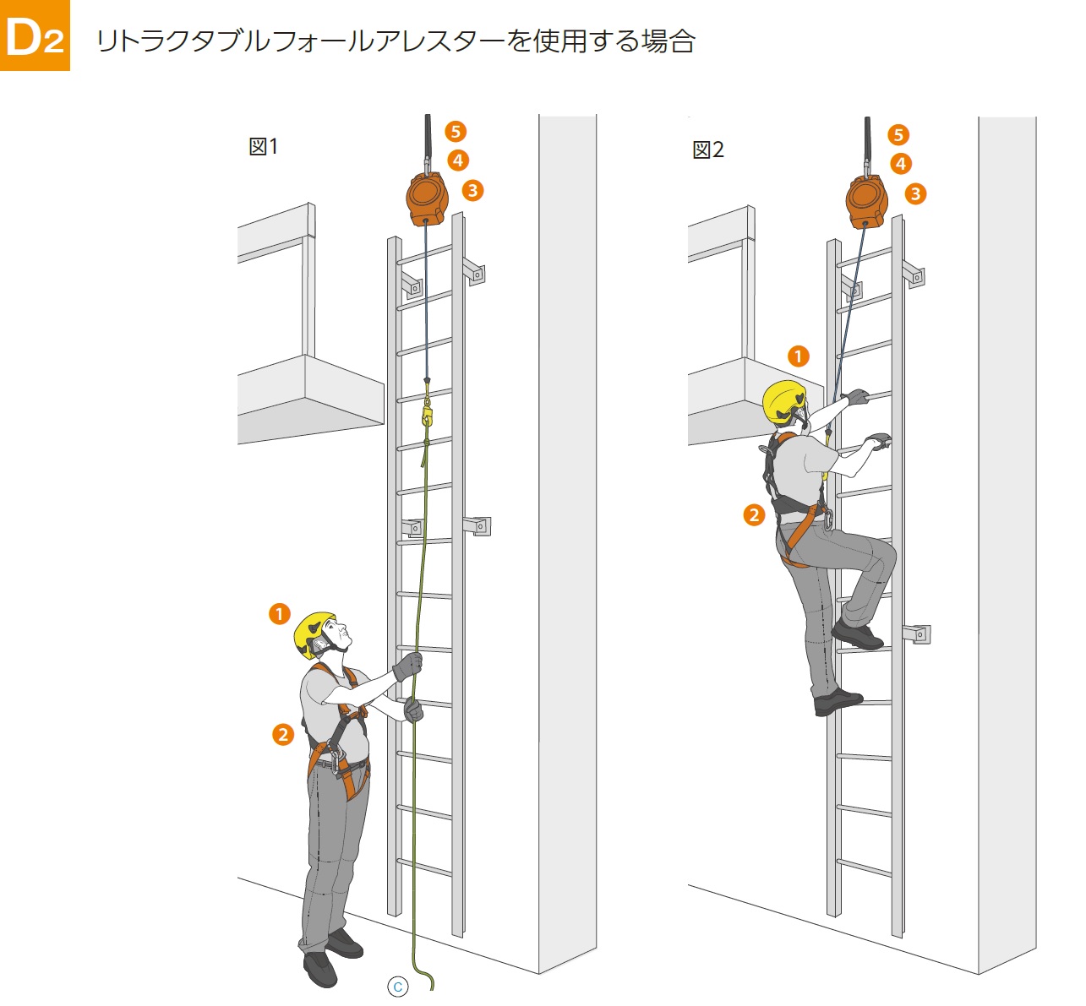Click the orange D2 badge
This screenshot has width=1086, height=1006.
click(x=35, y=35)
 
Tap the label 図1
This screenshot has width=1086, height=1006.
click(x=264, y=146)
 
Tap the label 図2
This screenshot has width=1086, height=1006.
click(x=708, y=150)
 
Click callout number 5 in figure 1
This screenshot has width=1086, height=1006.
click(x=456, y=131)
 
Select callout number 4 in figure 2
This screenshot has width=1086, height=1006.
click(x=901, y=163)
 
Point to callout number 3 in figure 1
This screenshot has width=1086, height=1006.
click(x=473, y=190)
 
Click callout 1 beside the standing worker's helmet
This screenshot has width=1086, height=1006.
click(x=280, y=613)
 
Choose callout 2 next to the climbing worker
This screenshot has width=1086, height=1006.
click(x=754, y=514)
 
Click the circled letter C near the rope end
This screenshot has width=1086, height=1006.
click(x=397, y=987)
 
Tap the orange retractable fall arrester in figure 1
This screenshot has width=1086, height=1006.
click(x=427, y=199)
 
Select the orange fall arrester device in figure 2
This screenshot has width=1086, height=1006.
click(x=867, y=201)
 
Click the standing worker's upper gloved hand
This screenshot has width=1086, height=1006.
click(x=408, y=666)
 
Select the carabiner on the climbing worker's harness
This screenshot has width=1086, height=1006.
click(x=828, y=518)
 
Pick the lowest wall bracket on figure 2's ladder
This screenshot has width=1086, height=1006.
click(x=916, y=634)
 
